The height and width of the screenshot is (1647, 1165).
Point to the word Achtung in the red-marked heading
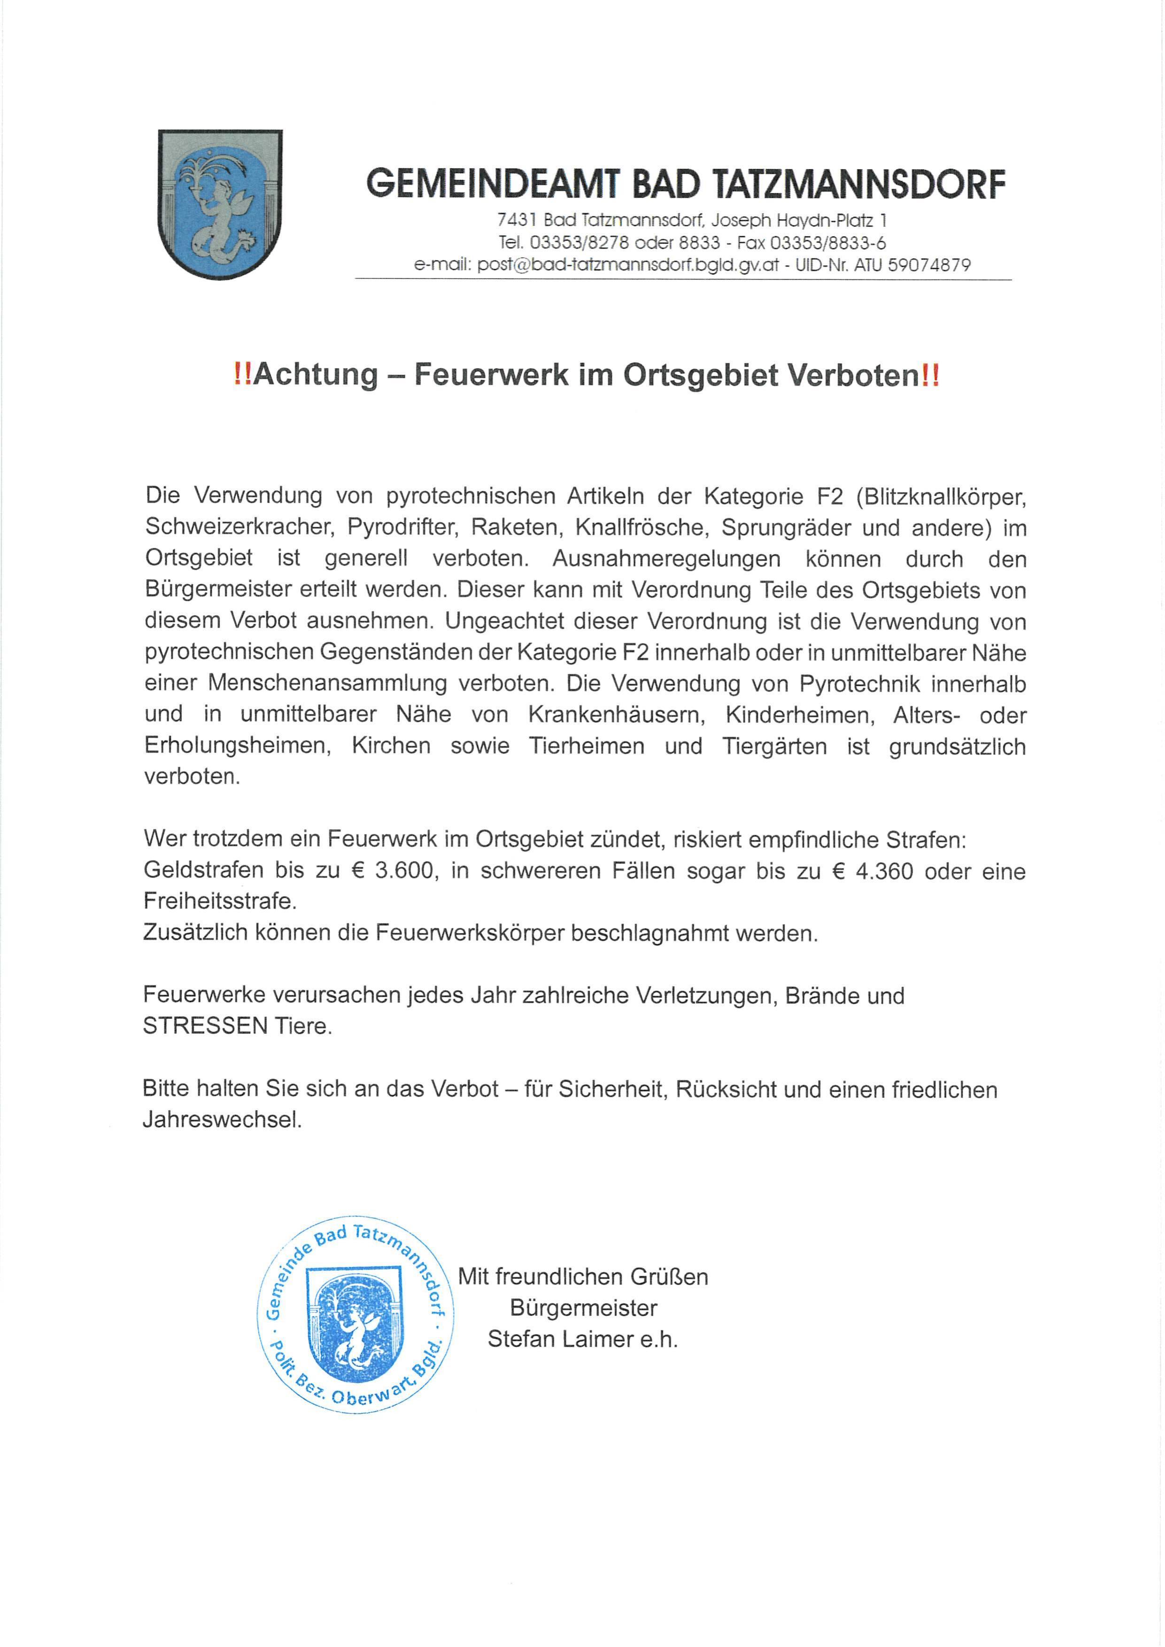point(315,375)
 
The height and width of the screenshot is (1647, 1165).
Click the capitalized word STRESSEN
point(205,1026)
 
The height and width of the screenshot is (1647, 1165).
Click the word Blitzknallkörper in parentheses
point(939,496)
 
